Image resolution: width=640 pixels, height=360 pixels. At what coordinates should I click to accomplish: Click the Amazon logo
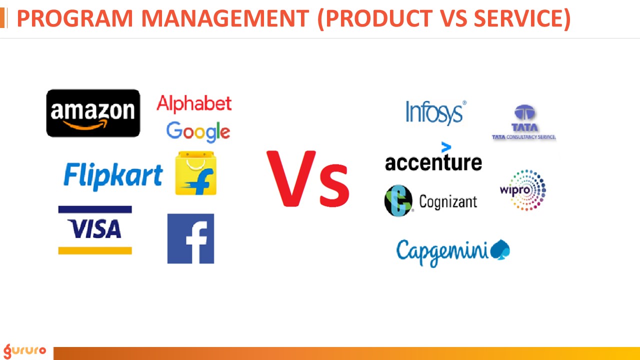(x=93, y=113)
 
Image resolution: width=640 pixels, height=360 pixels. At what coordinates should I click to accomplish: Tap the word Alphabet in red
(x=194, y=103)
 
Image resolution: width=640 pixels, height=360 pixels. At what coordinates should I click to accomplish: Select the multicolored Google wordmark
(x=198, y=131)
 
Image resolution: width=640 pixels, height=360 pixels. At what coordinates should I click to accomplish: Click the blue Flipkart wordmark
(x=113, y=176)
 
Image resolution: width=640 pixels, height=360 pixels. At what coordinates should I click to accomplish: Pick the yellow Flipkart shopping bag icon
(x=195, y=173)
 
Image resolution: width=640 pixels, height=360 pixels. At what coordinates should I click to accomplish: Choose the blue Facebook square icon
(x=190, y=238)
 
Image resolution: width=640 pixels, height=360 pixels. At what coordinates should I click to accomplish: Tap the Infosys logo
(x=435, y=112)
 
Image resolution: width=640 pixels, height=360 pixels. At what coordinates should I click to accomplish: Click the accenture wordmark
(x=433, y=162)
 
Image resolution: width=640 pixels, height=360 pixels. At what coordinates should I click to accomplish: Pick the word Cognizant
(x=448, y=201)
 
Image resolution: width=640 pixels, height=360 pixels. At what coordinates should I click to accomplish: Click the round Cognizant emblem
(x=398, y=201)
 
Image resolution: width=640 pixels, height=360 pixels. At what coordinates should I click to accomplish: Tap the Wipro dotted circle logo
(x=523, y=190)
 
